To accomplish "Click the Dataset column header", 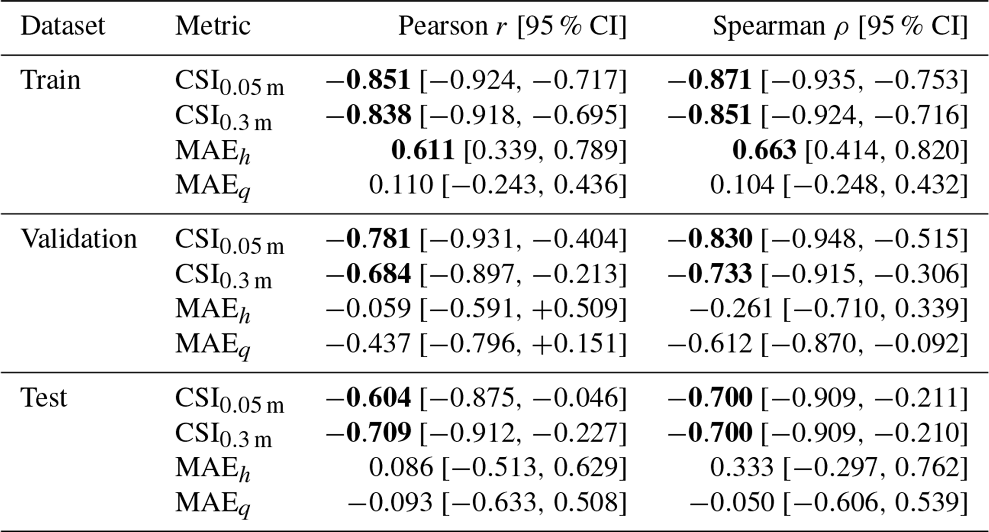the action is point(63,26).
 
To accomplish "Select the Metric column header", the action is point(213,26).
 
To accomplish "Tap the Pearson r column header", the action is point(512,26).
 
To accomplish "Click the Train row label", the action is point(50,80).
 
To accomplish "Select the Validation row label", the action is point(79,239).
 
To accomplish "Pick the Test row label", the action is point(44,397).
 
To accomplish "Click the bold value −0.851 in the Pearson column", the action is point(368,80).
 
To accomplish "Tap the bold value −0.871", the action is point(710,80).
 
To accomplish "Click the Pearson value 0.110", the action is point(401,185).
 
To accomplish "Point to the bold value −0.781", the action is point(368,239).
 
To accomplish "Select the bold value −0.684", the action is point(368,274).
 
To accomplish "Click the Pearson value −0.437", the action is point(368,344).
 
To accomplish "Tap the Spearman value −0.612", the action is point(710,344).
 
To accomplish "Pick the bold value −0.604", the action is point(368,397).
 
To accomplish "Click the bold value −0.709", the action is point(368,432).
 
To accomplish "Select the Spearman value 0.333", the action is point(742,467).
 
